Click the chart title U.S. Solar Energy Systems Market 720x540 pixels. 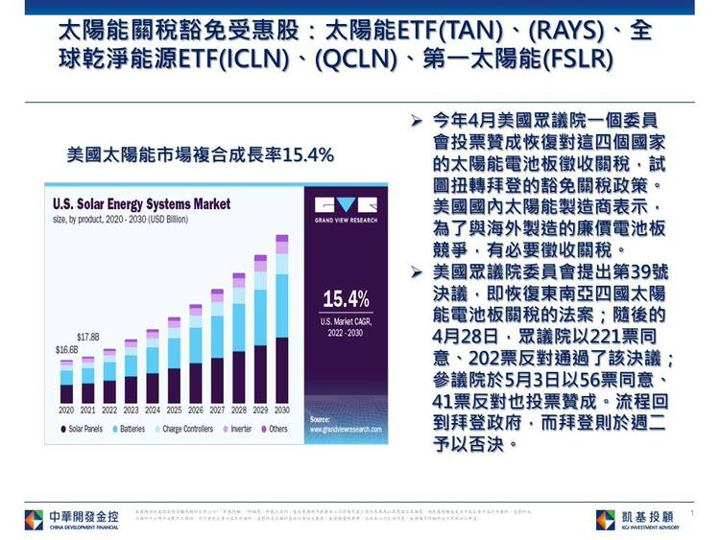[x=141, y=204]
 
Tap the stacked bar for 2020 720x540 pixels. [x=66, y=382]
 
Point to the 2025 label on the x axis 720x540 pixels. [x=174, y=410]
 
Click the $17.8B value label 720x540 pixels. [x=88, y=337]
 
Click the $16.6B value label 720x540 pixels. [x=66, y=350]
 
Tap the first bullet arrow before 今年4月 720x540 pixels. [x=417, y=123]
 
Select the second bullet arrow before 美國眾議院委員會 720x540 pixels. [x=417, y=274]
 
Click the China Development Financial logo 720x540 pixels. [x=71, y=520]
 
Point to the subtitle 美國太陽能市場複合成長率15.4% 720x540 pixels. [x=200, y=154]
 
